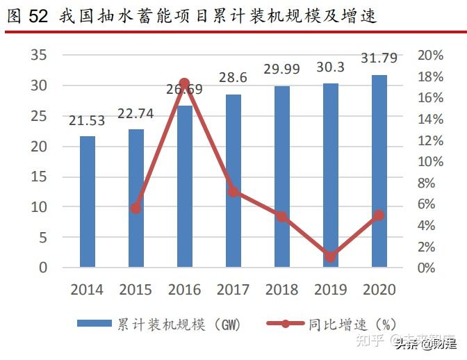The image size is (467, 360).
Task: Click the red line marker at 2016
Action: click(184, 83)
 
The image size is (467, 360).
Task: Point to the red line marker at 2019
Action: click(330, 256)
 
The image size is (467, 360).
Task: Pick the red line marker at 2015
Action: click(136, 208)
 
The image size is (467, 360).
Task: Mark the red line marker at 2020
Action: click(379, 215)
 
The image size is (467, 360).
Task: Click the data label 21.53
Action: click(87, 121)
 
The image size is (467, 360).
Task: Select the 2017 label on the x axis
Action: click(233, 290)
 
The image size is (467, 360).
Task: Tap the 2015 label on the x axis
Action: click(136, 290)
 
